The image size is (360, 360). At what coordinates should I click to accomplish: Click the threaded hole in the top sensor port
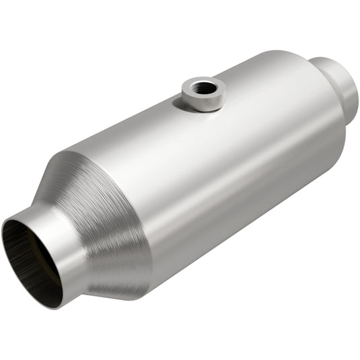pos(203,87)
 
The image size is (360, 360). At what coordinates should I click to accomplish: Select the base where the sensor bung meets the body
pos(202,107)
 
